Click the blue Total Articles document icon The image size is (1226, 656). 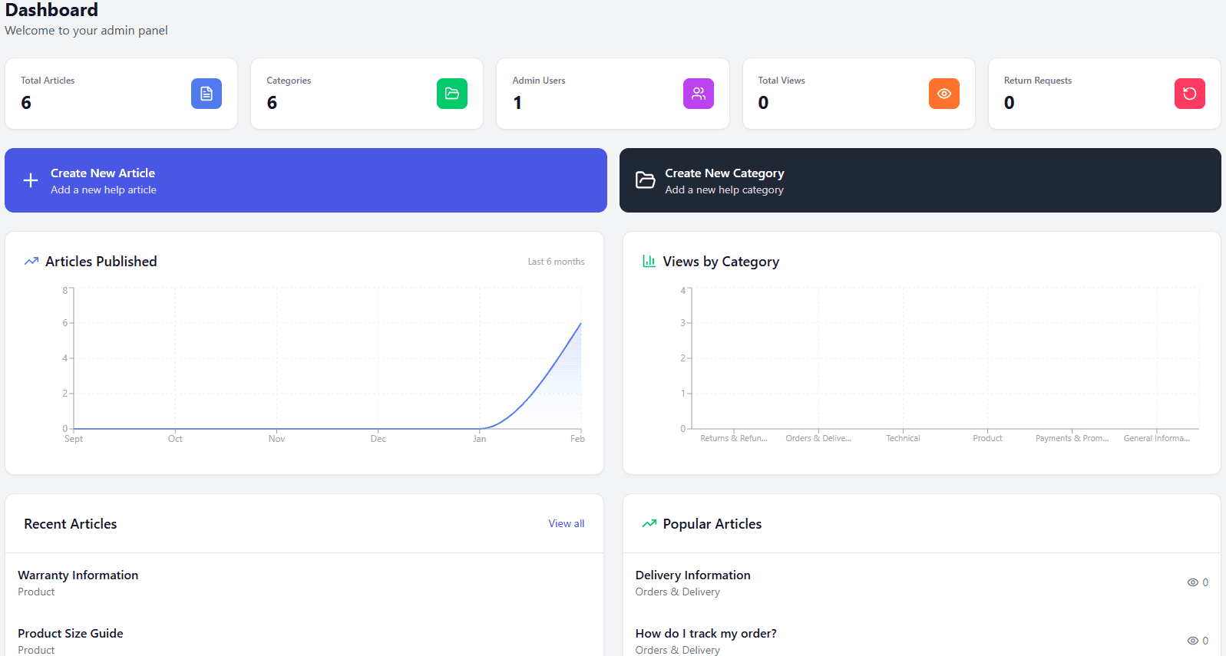pyautogui.click(x=207, y=94)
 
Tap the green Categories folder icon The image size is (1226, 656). pyautogui.click(x=452, y=94)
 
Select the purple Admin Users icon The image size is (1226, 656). pyautogui.click(x=698, y=94)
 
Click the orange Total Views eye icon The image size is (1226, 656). pyautogui.click(x=943, y=94)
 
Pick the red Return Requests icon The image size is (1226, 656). pyautogui.click(x=1189, y=94)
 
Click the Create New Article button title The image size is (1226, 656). pyautogui.click(x=103, y=173)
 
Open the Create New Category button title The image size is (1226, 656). pyautogui.click(x=724, y=173)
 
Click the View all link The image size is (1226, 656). pyautogui.click(x=566, y=523)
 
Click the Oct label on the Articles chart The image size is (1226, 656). pyautogui.click(x=175, y=439)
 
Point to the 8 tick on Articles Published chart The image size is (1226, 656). pyautogui.click(x=65, y=290)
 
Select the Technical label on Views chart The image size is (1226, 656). pyautogui.click(x=903, y=438)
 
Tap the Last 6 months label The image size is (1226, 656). pyautogui.click(x=556, y=262)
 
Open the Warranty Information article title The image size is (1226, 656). pyautogui.click(x=78, y=575)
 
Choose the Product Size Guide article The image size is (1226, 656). pyautogui.click(x=71, y=634)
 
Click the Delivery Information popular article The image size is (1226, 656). pyautogui.click(x=692, y=575)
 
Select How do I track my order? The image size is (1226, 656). pyautogui.click(x=706, y=634)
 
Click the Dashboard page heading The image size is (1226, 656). pyautogui.click(x=51, y=10)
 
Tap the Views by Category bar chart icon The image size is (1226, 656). pyautogui.click(x=649, y=261)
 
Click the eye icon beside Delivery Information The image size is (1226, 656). pyautogui.click(x=1192, y=582)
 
